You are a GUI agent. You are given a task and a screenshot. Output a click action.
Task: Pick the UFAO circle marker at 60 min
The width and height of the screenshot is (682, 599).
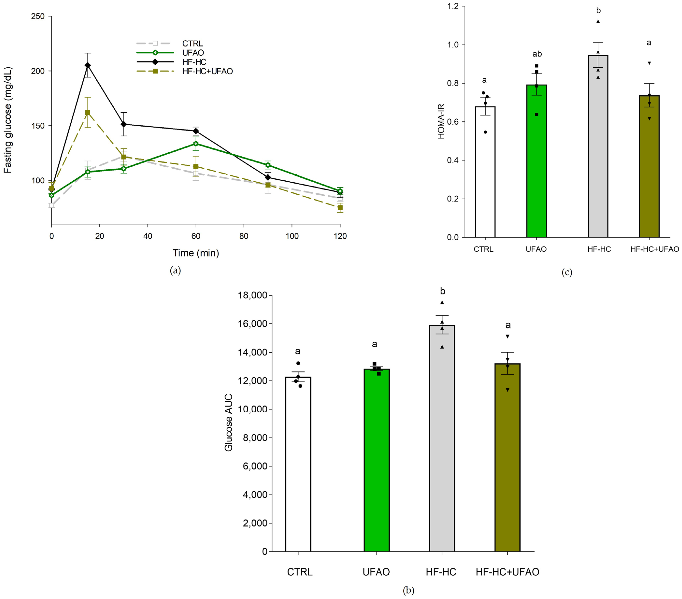coord(196,144)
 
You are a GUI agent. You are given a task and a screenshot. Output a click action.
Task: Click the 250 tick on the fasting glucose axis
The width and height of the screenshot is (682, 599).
coord(38,16)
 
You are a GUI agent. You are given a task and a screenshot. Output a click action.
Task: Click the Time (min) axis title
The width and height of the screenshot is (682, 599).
coord(196,253)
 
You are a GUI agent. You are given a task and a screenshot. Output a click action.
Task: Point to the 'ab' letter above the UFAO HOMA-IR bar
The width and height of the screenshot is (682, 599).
coord(537,54)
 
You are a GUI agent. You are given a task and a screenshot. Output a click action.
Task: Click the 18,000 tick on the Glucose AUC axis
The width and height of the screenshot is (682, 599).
coord(253,295)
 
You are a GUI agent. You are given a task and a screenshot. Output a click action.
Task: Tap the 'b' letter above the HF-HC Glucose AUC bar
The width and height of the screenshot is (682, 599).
coord(442,291)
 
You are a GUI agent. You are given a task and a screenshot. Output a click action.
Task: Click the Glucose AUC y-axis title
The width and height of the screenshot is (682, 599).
coord(229,423)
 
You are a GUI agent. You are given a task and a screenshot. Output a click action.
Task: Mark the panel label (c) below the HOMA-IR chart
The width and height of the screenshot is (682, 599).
coord(567,272)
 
